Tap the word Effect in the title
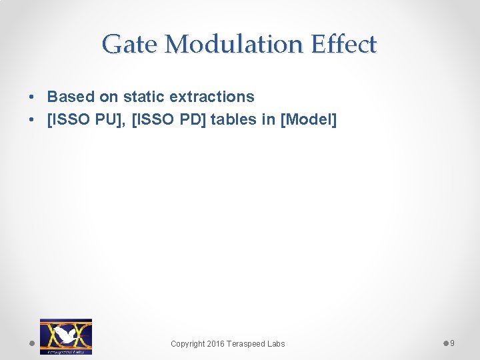pyautogui.click(x=343, y=45)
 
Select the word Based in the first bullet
pyautogui.click(x=71, y=97)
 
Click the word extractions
pyautogui.click(x=212, y=97)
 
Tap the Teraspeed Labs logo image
pyautogui.click(x=66, y=336)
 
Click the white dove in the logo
pyautogui.click(x=65, y=334)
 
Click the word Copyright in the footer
pyautogui.click(x=189, y=344)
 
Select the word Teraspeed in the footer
pyautogui.click(x=249, y=344)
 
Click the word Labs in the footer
pyautogui.click(x=276, y=344)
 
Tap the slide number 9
pyautogui.click(x=452, y=343)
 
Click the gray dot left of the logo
pyautogui.click(x=32, y=343)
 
